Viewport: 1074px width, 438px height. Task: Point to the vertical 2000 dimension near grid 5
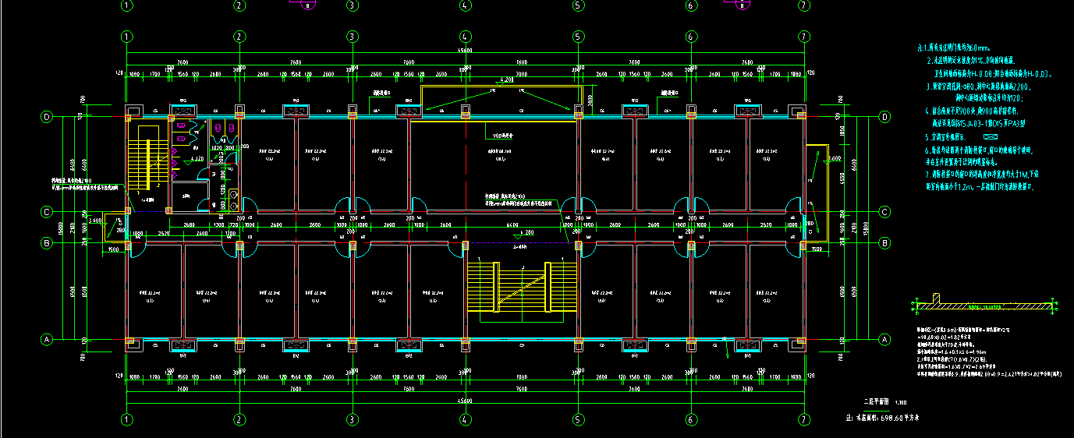click(x=590, y=99)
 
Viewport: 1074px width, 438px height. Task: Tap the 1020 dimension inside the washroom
click(x=218, y=147)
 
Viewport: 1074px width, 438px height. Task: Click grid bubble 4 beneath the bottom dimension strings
click(x=465, y=420)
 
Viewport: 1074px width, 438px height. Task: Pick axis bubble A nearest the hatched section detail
click(x=884, y=340)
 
